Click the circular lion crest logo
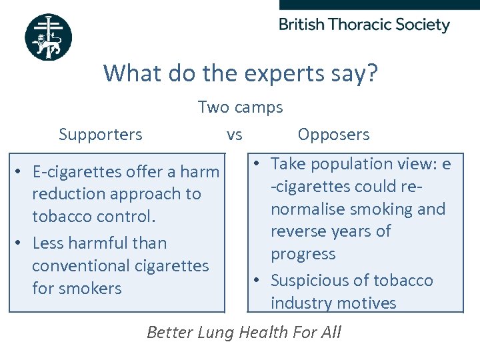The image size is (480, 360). pyautogui.click(x=48, y=37)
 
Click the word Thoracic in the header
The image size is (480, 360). pyautogui.click(x=361, y=25)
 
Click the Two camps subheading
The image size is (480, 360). pyautogui.click(x=240, y=107)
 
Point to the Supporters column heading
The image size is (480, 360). pyautogui.click(x=101, y=135)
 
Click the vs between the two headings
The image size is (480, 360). pyautogui.click(x=234, y=135)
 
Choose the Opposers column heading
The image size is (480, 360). pyautogui.click(x=333, y=135)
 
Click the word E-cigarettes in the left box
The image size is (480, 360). pyautogui.click(x=75, y=172)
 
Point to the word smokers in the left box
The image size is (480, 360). pyautogui.click(x=91, y=288)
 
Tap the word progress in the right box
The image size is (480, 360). pyautogui.click(x=303, y=254)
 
